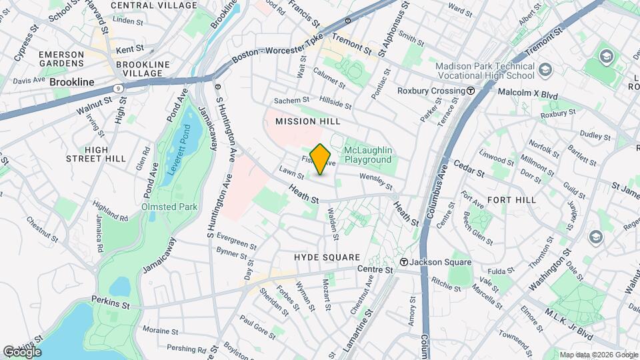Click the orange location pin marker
[x=321, y=159]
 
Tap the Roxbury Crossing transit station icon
[x=471, y=91]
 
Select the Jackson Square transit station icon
[x=404, y=262]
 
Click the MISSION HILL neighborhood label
[x=308, y=121]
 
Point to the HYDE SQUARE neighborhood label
[x=327, y=257]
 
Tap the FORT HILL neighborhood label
[x=512, y=199]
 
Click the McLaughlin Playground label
[x=367, y=155]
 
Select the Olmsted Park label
[x=169, y=207]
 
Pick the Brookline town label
[x=71, y=82]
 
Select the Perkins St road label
[x=111, y=303]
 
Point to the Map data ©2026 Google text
[x=599, y=355]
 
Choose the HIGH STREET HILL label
[x=96, y=154]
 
